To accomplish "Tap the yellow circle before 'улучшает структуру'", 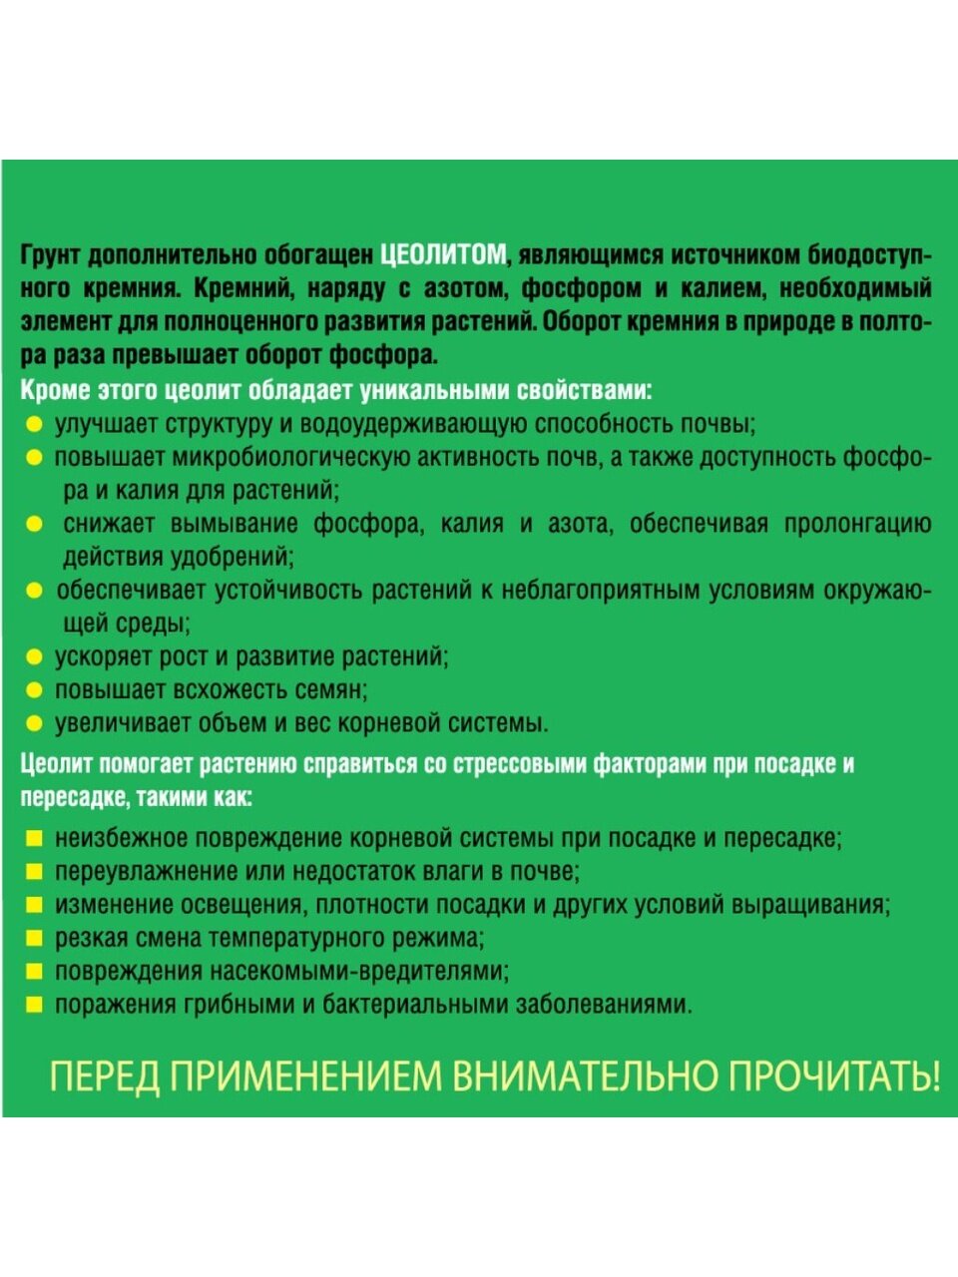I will pyautogui.click(x=34, y=425).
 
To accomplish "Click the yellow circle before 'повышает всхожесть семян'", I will pyautogui.click(x=34, y=690).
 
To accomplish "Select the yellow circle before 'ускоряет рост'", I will pyautogui.click(x=34, y=657).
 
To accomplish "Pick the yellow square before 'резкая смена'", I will pyautogui.click(x=34, y=939).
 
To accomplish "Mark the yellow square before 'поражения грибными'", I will pyautogui.click(x=34, y=1005).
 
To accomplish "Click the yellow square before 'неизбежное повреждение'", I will pyautogui.click(x=34, y=839).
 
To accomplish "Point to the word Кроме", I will pyautogui.click(x=52, y=390).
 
